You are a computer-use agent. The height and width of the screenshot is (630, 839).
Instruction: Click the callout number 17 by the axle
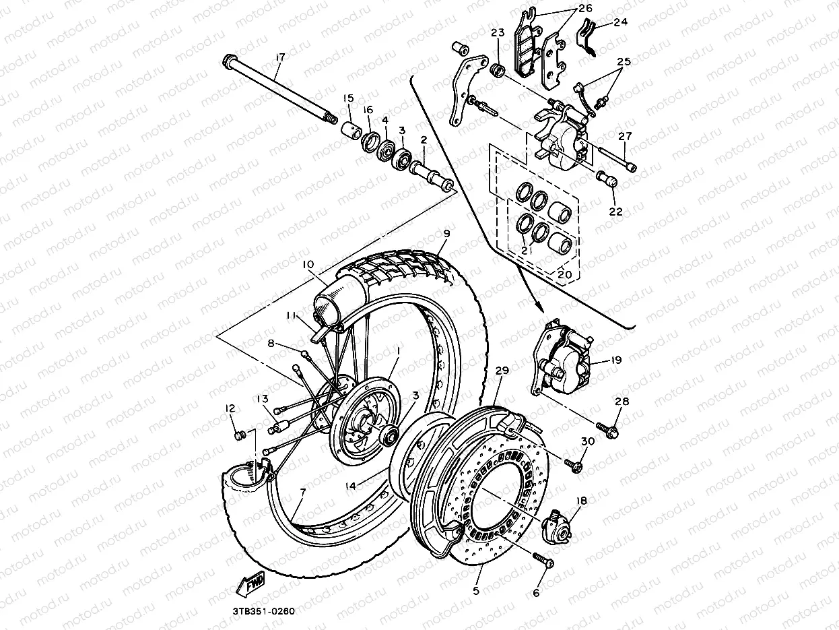click(279, 59)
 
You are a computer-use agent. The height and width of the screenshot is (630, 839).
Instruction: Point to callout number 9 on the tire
click(446, 234)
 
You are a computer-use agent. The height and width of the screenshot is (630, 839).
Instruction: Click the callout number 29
click(502, 371)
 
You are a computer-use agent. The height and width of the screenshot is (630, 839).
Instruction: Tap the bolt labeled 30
click(574, 465)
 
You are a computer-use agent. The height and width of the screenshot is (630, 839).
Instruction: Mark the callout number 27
click(626, 135)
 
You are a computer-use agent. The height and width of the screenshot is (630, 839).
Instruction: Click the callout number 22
click(616, 211)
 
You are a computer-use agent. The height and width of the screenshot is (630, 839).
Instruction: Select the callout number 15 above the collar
click(348, 98)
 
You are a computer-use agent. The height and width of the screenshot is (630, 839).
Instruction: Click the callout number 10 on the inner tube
click(308, 265)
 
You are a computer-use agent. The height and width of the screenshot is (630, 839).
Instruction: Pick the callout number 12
click(230, 408)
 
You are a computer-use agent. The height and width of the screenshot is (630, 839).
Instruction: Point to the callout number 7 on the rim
click(302, 493)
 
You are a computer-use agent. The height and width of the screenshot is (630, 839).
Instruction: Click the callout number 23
click(498, 32)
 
